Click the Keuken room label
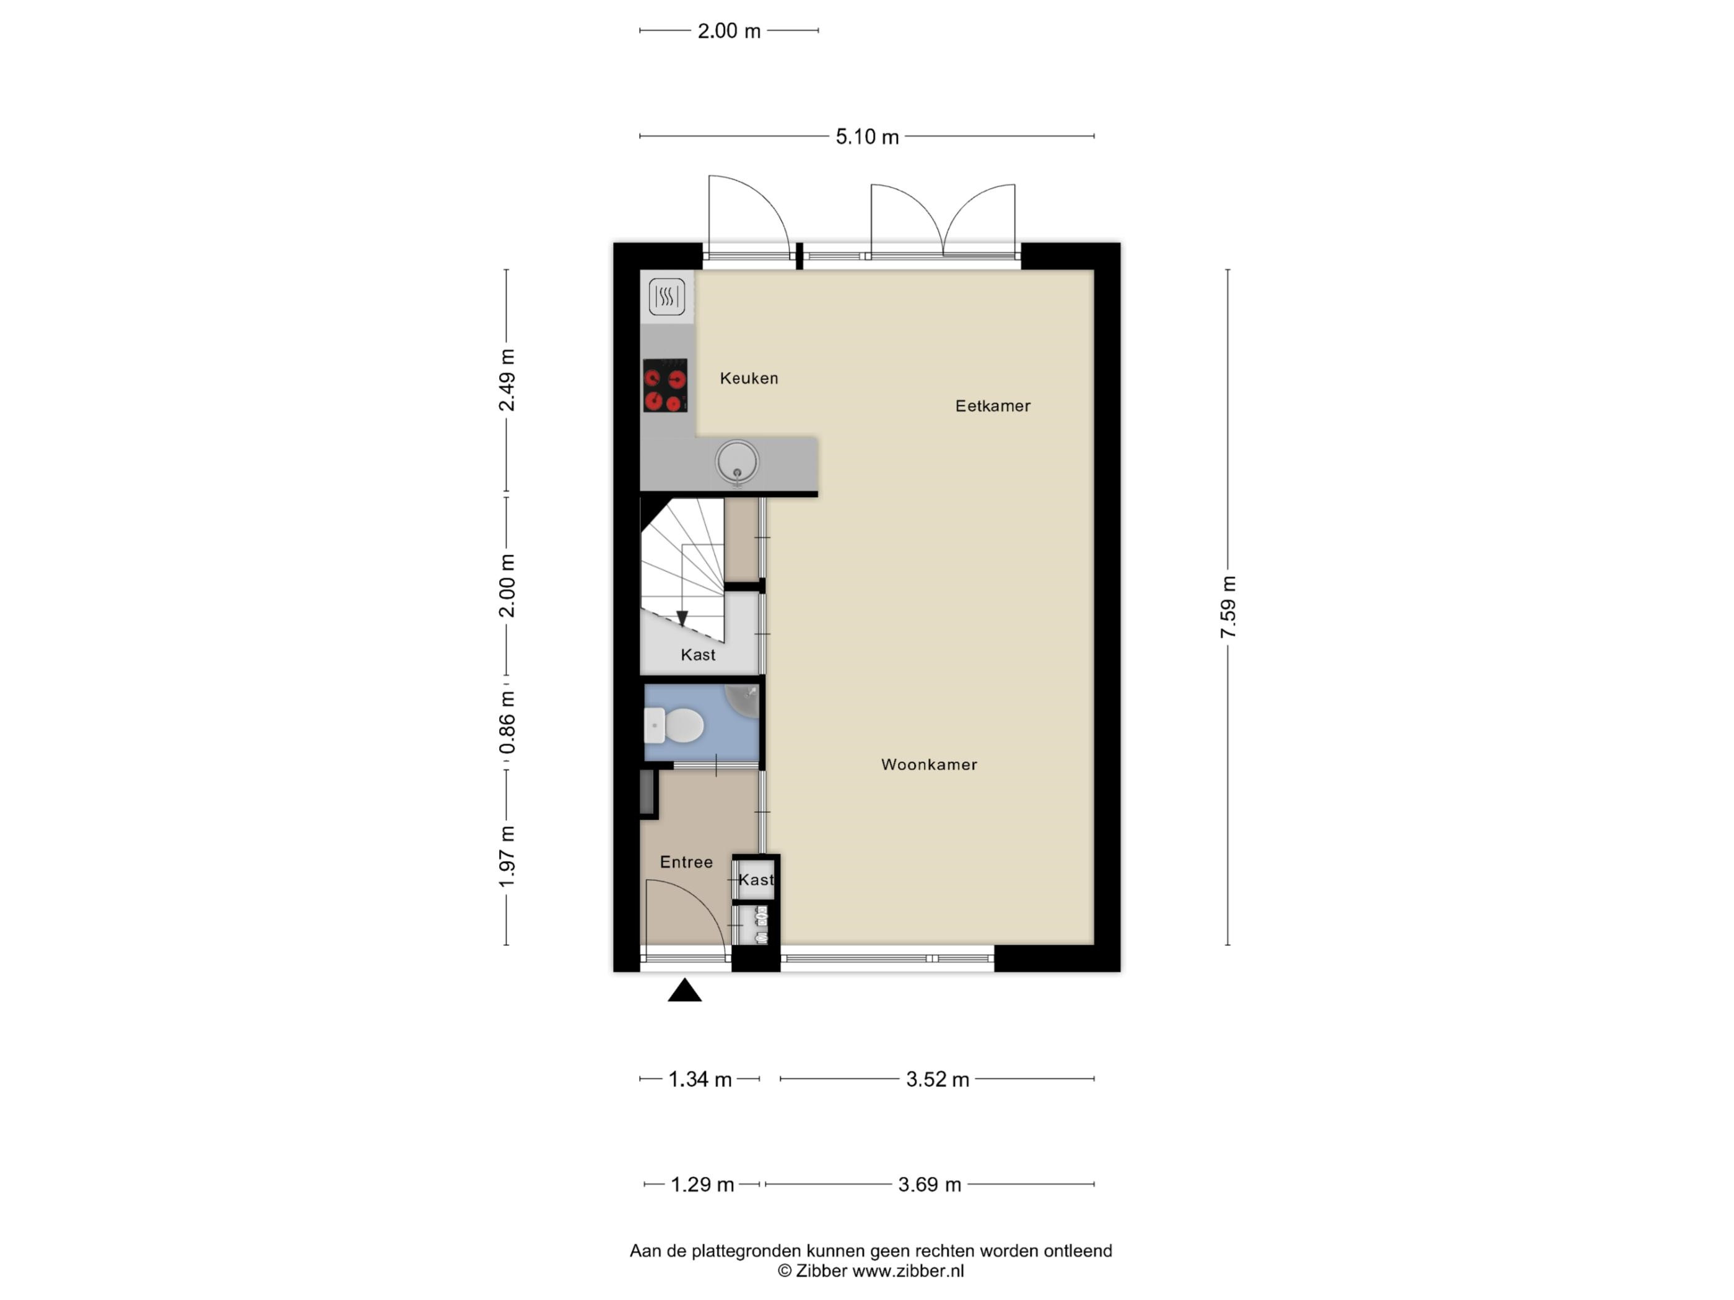point(749,378)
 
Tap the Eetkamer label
point(993,406)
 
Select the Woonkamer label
point(929,764)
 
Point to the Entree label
point(686,862)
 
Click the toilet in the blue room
point(673,726)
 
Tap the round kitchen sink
point(737,462)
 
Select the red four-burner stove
point(664,385)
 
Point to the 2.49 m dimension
point(507,380)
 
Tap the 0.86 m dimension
point(507,722)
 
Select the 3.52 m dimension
point(938,1079)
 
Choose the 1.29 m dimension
point(702,1184)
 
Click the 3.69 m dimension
point(929,1184)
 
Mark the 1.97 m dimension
point(507,857)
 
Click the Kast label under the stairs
point(698,654)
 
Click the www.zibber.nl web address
point(908,1271)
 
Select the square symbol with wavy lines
point(666,296)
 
